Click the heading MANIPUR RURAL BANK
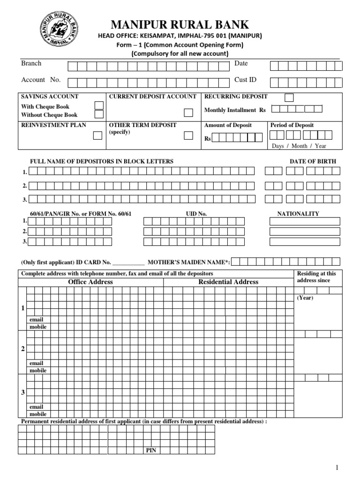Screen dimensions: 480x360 (179, 24)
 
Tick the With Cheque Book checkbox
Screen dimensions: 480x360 (99, 105)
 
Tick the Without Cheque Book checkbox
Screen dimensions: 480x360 (99, 114)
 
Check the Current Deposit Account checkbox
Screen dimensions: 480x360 (188, 112)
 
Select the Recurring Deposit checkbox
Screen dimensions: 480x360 (290, 97)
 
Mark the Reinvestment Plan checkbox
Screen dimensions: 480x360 (97, 135)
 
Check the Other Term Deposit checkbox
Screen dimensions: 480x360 (188, 135)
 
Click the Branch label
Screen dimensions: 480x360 (31, 63)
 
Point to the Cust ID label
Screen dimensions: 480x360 (245, 80)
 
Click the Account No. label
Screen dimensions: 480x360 (41, 80)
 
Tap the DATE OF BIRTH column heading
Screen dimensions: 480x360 (313, 161)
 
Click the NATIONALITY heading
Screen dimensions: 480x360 (298, 214)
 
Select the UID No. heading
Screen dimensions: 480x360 (196, 214)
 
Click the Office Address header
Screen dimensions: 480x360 (90, 282)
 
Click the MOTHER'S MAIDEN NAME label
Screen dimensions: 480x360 (188, 262)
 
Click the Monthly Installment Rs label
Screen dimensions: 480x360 (235, 110)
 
